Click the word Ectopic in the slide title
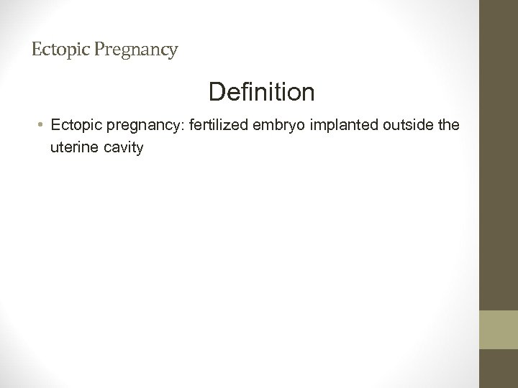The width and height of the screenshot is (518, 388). coord(57,50)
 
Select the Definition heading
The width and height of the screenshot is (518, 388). coord(261,92)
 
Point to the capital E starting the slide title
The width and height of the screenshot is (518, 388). coord(37,50)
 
